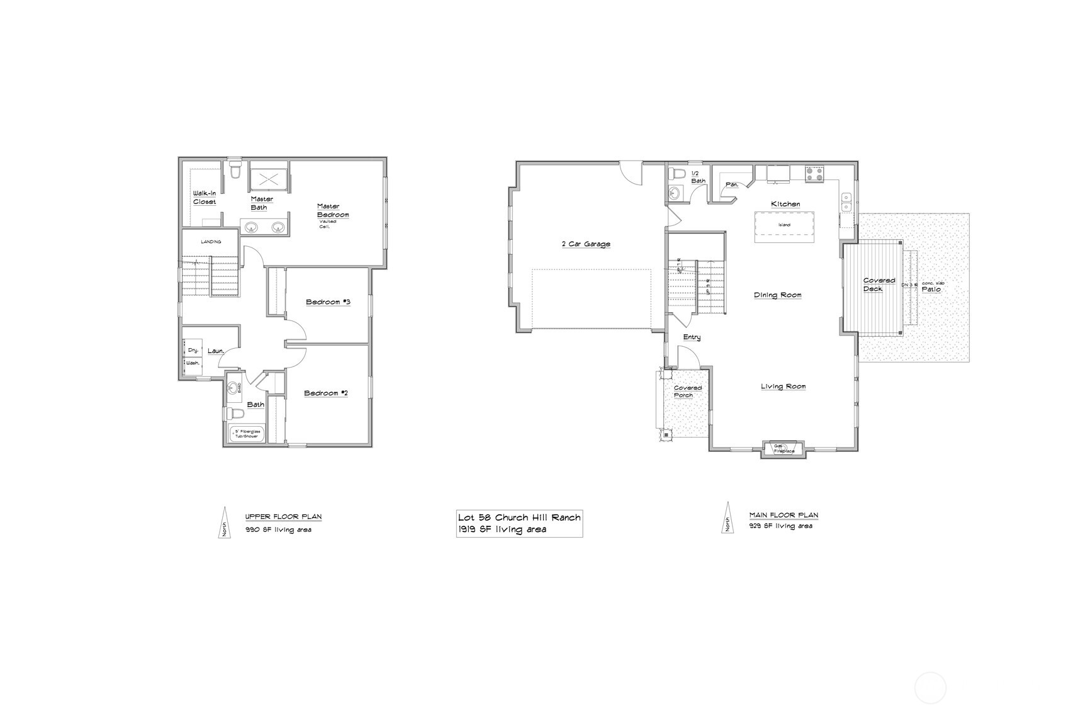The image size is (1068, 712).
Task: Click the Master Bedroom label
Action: [332, 211]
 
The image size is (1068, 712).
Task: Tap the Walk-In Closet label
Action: [205, 197]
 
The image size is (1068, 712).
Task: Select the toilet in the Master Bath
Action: [235, 171]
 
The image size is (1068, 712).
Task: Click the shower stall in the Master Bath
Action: [269, 179]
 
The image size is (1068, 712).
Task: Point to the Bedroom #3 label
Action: [328, 302]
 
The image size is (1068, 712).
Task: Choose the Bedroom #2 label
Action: [326, 393]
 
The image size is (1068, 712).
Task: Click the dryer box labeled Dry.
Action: [193, 349]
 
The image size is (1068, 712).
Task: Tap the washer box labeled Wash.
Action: [193, 363]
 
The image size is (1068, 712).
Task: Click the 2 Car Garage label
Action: [586, 244]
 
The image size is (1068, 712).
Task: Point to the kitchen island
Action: [784, 225]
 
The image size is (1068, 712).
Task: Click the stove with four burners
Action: [814, 174]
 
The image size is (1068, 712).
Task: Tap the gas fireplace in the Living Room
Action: [784, 449]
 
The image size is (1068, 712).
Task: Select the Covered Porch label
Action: [687, 392]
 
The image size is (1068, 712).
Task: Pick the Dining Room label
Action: [778, 295]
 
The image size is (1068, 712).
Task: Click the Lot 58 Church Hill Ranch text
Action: [519, 517]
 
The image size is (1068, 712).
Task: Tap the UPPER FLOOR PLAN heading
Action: [283, 517]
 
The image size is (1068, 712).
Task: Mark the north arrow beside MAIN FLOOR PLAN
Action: [728, 517]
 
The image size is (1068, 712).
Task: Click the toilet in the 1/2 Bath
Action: [677, 174]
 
